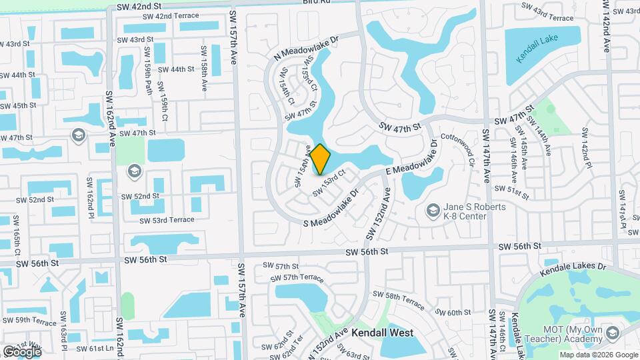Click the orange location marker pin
pyautogui.click(x=320, y=159)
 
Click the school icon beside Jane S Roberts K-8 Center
pyautogui.click(x=433, y=211)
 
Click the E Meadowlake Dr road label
pyautogui.click(x=411, y=159)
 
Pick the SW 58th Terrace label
pyautogui.click(x=398, y=299)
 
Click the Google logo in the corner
pyautogui.click(x=22, y=351)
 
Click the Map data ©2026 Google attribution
pyautogui.click(x=599, y=355)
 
